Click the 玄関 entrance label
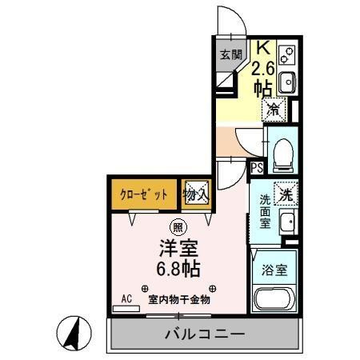pyautogui.click(x=231, y=54)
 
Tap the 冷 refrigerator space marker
pyautogui.click(x=274, y=106)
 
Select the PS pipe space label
pyautogui.click(x=257, y=168)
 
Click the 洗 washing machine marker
pyautogui.click(x=285, y=192)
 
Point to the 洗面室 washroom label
pyautogui.click(x=264, y=212)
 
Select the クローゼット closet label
pyautogui.click(x=145, y=194)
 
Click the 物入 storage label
pyautogui.click(x=197, y=194)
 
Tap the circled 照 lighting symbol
pyautogui.click(x=176, y=226)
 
